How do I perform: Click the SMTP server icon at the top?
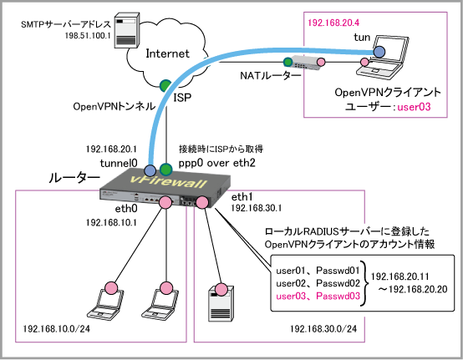tap(127, 30)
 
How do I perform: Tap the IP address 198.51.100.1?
tap(88, 36)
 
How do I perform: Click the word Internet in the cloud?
tap(168, 53)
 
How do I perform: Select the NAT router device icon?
tap(305, 63)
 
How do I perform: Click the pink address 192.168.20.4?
tap(333, 23)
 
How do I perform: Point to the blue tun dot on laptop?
tap(379, 52)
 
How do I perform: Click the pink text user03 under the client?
tap(414, 107)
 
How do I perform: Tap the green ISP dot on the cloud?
tap(165, 85)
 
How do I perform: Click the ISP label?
tap(182, 98)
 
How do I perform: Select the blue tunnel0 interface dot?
tap(150, 170)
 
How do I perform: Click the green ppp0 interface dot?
tap(165, 170)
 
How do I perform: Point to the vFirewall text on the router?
tap(168, 181)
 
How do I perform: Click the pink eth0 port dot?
tap(165, 203)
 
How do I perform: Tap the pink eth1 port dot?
tap(202, 202)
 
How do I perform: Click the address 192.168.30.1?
tap(256, 208)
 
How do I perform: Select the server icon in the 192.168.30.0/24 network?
tap(221, 303)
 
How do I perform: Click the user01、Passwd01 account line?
tap(318, 271)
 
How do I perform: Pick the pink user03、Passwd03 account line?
tap(318, 296)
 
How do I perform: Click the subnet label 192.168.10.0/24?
tap(56, 328)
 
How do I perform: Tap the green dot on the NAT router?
tap(287, 62)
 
